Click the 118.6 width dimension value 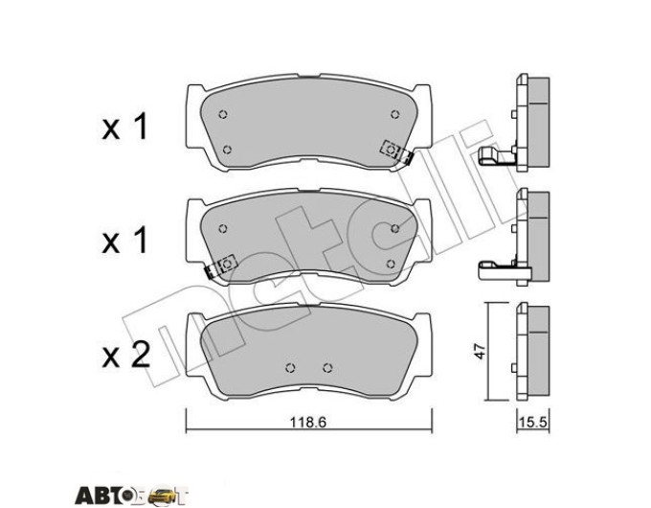pos(308,423)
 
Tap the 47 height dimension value pos(480,351)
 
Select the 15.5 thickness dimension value pos(533,423)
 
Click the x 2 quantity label pos(125,356)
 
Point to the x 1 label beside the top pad pos(125,127)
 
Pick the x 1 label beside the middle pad pos(125,242)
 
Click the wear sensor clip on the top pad pos(396,151)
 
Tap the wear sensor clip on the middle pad pos(221,266)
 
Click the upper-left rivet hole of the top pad pos(223,114)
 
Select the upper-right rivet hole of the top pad pos(394,114)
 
